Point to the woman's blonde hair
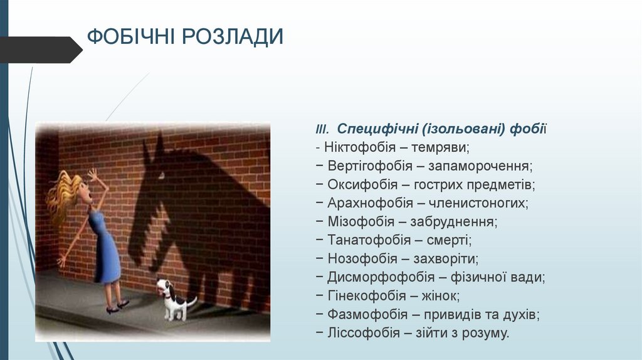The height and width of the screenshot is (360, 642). (63, 194)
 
